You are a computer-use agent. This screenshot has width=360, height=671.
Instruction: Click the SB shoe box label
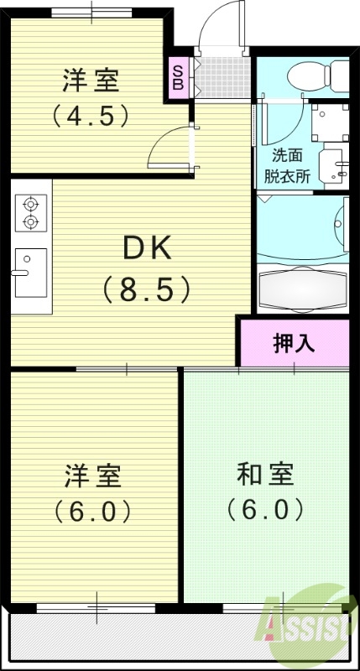[179, 77]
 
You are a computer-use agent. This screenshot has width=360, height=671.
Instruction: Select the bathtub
[302, 289]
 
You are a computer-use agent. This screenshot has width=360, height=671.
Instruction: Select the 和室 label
[265, 474]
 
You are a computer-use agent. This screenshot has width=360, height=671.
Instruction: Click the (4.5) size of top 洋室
[91, 116]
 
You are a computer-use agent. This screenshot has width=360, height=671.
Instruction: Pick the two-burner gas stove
[31, 212]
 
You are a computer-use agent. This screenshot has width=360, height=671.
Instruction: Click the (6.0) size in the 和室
[264, 509]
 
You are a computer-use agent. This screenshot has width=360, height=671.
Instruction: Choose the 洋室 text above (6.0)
[92, 476]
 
